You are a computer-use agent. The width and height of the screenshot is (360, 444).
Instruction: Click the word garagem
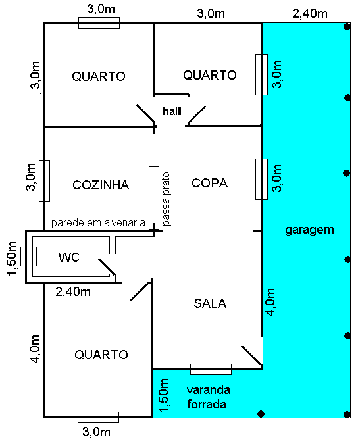pyautogui.click(x=310, y=230)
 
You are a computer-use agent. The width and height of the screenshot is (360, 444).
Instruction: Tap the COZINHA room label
pyautogui.click(x=101, y=185)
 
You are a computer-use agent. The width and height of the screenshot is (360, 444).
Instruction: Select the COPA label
pyautogui.click(x=209, y=184)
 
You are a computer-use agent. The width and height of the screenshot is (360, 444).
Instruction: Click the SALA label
pyautogui.click(x=210, y=303)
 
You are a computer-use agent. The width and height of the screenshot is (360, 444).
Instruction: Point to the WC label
pyautogui.click(x=69, y=257)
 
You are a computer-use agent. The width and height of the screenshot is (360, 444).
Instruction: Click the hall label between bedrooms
pyautogui.click(x=171, y=112)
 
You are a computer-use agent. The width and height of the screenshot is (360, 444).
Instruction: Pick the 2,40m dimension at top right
pyautogui.click(x=308, y=13)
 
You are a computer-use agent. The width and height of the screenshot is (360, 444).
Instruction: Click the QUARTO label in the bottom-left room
pyautogui.click(x=101, y=355)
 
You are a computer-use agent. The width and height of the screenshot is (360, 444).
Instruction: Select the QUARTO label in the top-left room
pyautogui.click(x=99, y=76)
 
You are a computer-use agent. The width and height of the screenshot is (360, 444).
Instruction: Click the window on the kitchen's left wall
pyautogui.click(x=45, y=181)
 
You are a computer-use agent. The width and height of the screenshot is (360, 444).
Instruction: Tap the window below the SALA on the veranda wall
pyautogui.click(x=211, y=369)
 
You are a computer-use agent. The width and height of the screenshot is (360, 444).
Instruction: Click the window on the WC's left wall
pyautogui.click(x=28, y=256)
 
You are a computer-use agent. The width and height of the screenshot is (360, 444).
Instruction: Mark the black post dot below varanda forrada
pyautogui.click(x=261, y=414)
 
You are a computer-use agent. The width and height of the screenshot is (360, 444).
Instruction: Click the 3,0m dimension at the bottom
pyautogui.click(x=97, y=432)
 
